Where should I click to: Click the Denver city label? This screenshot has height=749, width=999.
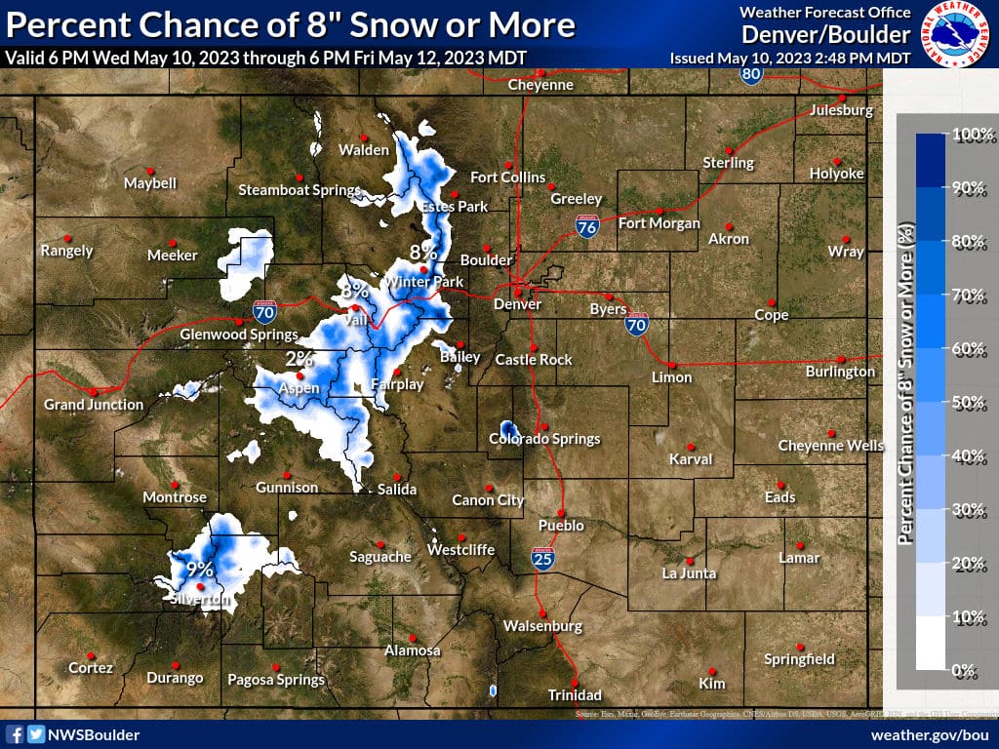pyautogui.click(x=517, y=303)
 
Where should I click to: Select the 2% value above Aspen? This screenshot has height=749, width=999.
pyautogui.click(x=300, y=359)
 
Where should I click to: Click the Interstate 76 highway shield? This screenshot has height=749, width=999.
pyautogui.click(x=586, y=227)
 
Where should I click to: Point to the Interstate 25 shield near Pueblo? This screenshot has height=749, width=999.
pyautogui.click(x=543, y=558)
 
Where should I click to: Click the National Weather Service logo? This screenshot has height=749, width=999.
pyautogui.click(x=956, y=34)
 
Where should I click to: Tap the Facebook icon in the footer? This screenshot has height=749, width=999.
pyautogui.click(x=15, y=734)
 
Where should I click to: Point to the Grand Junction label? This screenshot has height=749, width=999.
pyautogui.click(x=94, y=404)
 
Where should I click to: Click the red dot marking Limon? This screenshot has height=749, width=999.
pyautogui.click(x=671, y=364)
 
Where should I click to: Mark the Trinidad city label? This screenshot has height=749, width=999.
pyautogui.click(x=574, y=695)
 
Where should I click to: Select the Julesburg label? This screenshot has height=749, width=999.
pyautogui.click(x=841, y=110)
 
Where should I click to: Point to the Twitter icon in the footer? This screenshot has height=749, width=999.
pyautogui.click(x=35, y=734)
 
